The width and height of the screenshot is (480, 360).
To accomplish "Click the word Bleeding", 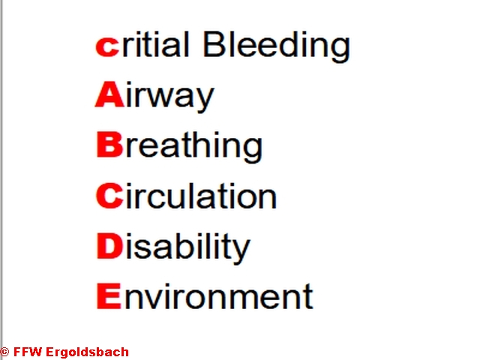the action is coord(276,46).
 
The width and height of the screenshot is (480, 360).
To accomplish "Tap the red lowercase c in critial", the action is coord(107,46).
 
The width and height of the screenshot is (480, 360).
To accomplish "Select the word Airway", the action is coord(154,96).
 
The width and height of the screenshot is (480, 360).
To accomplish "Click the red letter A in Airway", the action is coord(109,94).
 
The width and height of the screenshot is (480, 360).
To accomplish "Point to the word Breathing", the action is coord(179,146).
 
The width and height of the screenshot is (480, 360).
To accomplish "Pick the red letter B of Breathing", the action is coord(109,145).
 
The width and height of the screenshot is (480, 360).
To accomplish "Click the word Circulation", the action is coord(186,196).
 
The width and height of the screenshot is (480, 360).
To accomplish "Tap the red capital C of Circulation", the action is coord(109,196).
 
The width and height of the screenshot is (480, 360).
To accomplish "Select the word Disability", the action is coord(173,247).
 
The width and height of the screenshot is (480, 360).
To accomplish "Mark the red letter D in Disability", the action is coord(110,246).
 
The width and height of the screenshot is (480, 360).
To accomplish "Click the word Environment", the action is coord(205,295).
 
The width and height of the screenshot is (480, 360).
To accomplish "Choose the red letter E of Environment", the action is coord(109,296).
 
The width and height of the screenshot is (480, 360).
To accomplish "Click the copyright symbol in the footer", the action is coord(4,352).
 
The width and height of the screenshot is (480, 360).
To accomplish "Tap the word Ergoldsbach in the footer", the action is coord(87,352).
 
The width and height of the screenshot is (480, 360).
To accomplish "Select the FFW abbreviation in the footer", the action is coord(27,352).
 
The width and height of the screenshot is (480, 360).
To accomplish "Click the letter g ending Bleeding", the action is coord(340,50).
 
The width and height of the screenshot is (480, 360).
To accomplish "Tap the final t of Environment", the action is coord(308,296).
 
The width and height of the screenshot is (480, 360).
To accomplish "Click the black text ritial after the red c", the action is coord(155,44).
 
